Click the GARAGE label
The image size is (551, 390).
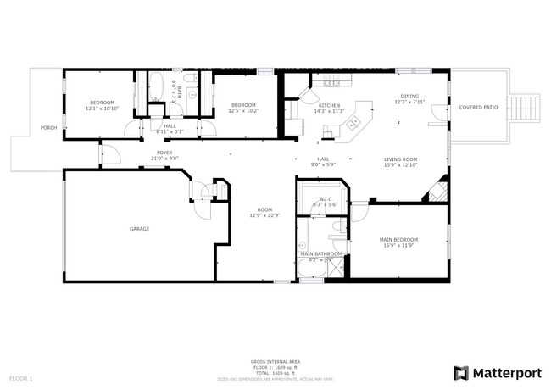tap(139, 229)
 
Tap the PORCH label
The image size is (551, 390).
tap(48, 128)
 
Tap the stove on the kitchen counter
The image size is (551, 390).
tap(331, 82)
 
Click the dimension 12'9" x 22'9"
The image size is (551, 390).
tap(265, 215)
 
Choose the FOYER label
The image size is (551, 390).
tap(164, 153)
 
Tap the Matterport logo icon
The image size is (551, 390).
tap(461, 372)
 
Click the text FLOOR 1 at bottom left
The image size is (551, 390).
tap(21, 377)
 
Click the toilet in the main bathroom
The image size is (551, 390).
tap(337, 229)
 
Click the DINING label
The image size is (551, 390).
tap(409, 97)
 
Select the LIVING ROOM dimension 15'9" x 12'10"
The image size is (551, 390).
tap(401, 165)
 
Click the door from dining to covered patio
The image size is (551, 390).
tap(436, 113)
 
